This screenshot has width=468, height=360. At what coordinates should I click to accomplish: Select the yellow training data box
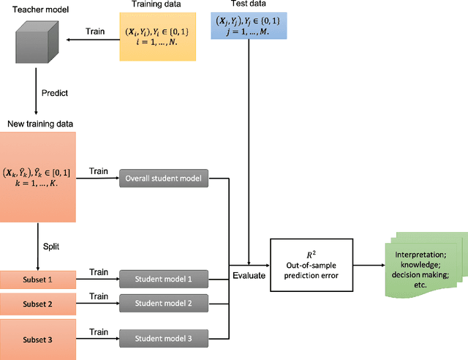pos(159,38)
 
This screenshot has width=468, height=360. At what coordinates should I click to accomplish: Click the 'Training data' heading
pos(159,5)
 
